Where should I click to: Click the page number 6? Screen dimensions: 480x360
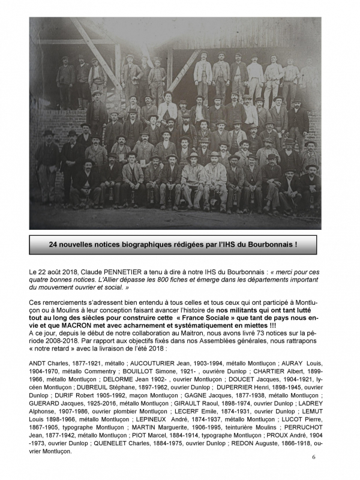point(313,457)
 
